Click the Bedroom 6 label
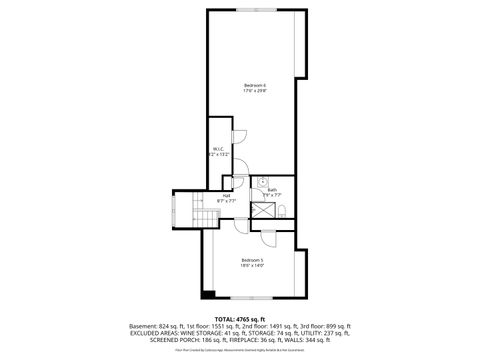click(254, 86)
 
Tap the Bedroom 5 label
click(251, 260)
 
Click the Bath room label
click(272, 189)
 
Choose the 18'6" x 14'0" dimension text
click(251, 267)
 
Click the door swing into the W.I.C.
click(237, 136)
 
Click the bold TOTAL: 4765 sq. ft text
click(240, 317)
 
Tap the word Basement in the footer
click(145, 326)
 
